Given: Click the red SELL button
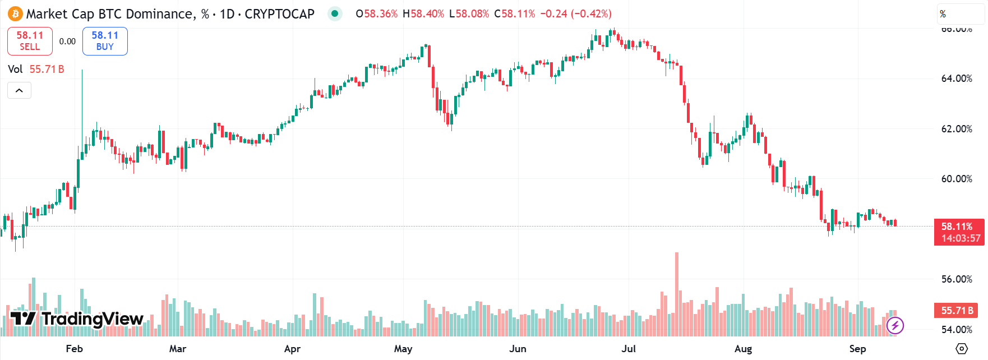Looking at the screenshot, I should point(30,41).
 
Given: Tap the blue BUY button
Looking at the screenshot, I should point(105,41).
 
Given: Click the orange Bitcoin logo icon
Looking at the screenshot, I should point(15,13).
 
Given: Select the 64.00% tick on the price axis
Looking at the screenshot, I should point(957,79).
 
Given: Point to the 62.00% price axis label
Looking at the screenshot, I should point(957,129).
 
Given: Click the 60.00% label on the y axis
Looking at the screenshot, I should point(957,179).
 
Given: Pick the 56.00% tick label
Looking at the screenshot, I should point(957,279).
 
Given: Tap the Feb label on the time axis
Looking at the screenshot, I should point(74,349).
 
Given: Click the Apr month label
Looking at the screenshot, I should point(292,349).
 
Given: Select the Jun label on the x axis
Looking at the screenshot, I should point(518,349).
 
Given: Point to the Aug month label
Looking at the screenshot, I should point(743,349).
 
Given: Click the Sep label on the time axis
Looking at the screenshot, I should point(857,349).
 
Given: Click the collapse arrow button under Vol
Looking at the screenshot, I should point(19,90).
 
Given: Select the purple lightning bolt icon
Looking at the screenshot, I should point(895,325).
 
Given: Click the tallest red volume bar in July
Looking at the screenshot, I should point(677,292).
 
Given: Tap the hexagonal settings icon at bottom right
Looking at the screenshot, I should point(962,349).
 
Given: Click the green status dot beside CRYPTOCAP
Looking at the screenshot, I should point(335,13).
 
